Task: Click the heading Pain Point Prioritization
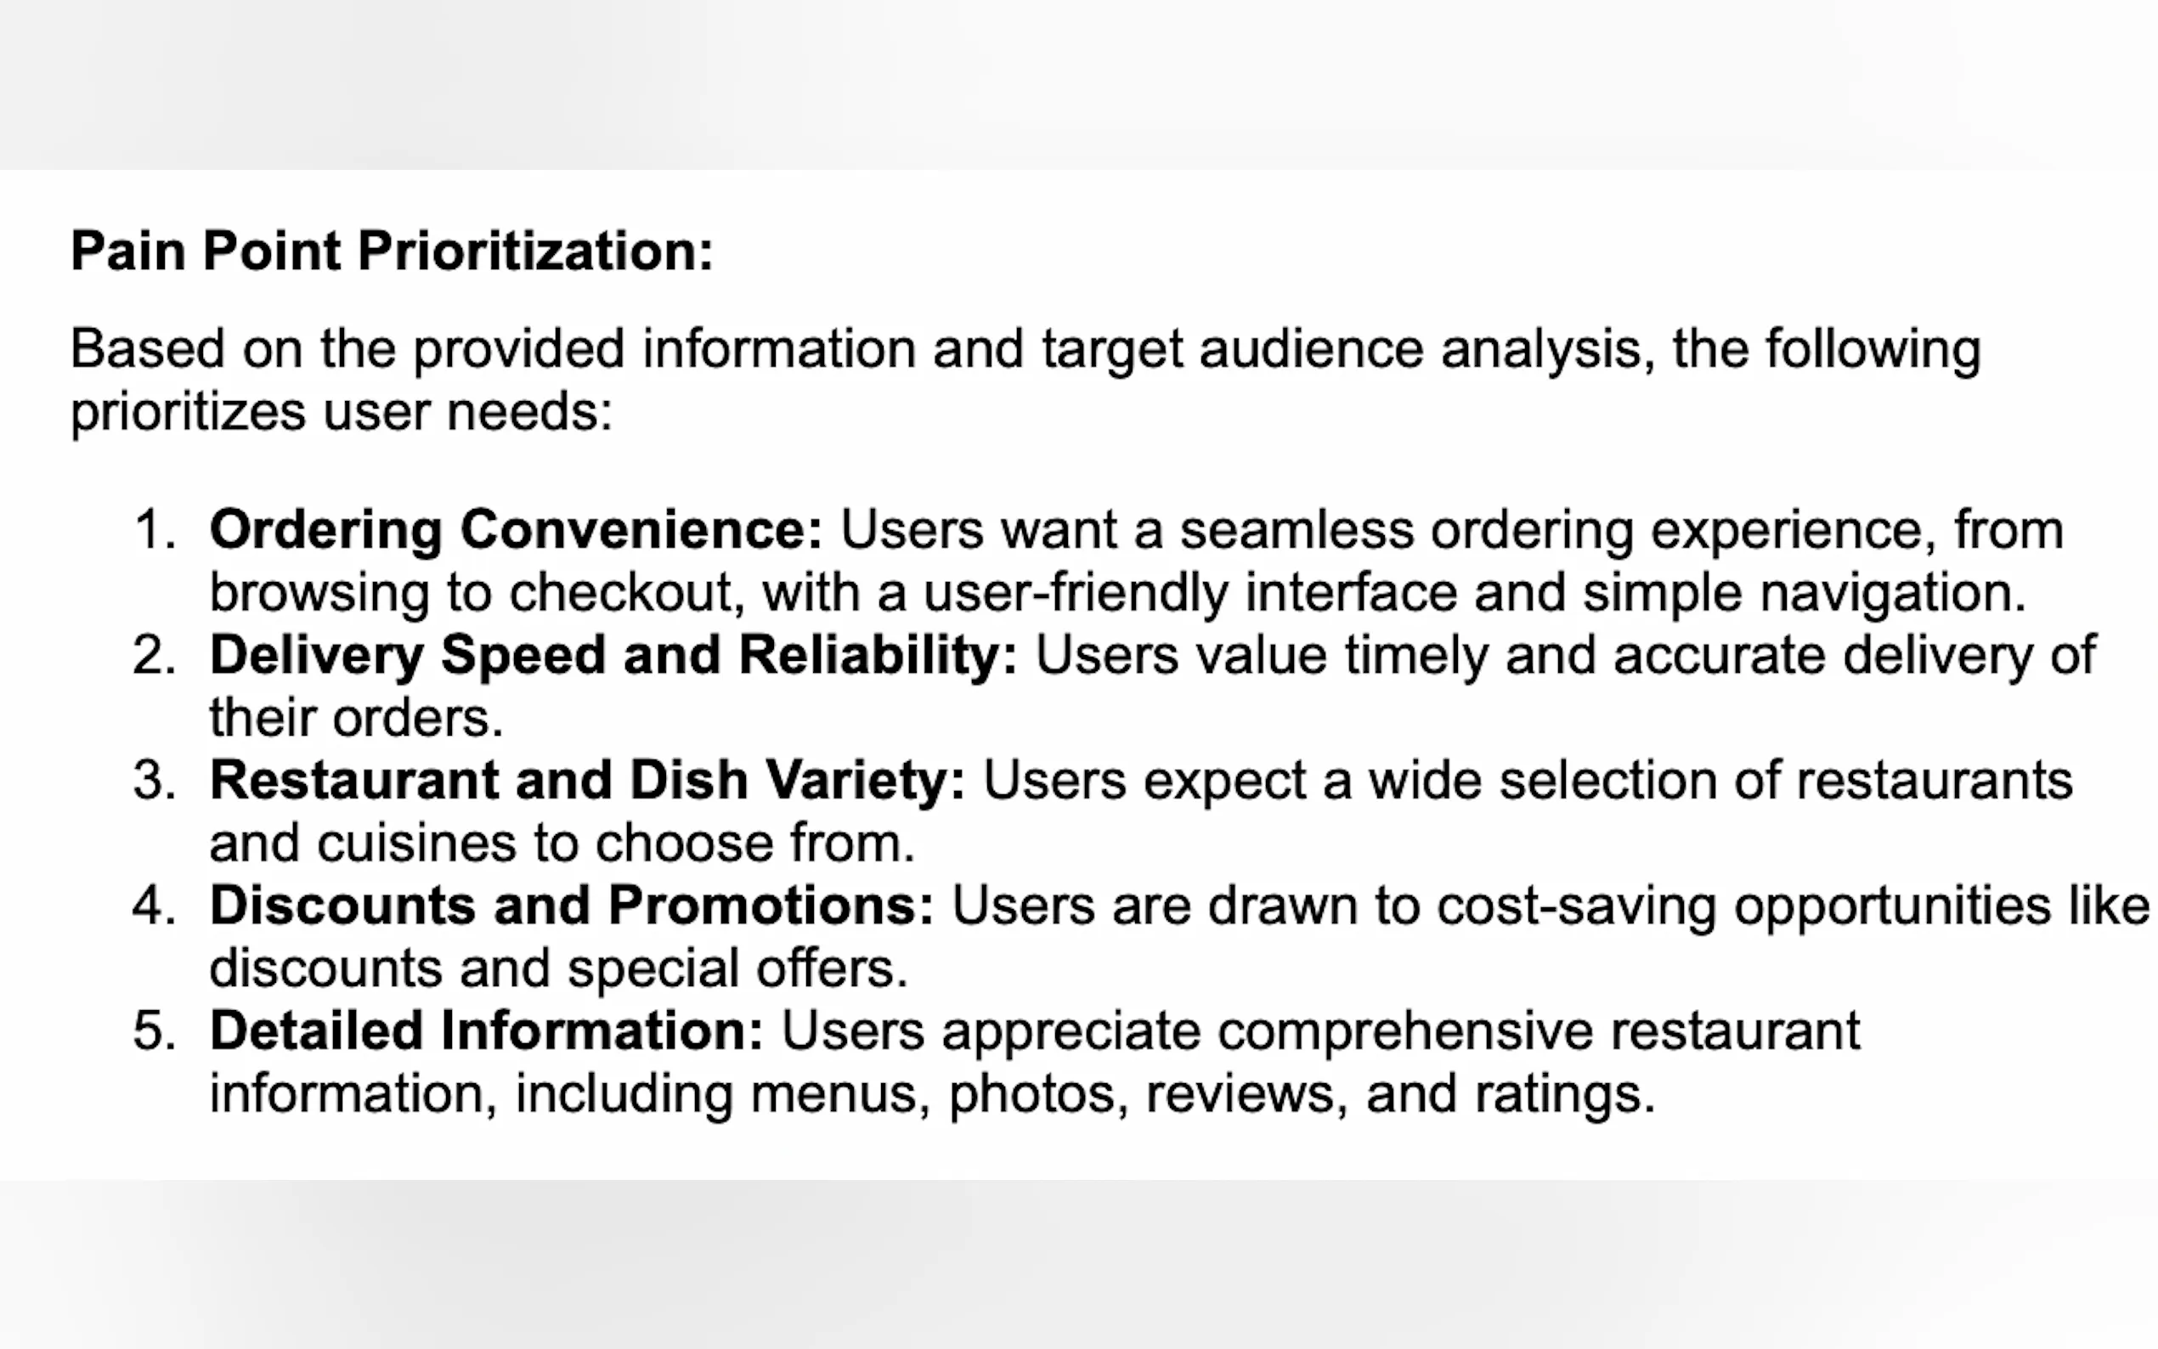click(x=392, y=251)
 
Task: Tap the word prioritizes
click(x=189, y=412)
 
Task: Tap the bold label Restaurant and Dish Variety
click(x=588, y=781)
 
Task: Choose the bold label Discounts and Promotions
click(x=572, y=906)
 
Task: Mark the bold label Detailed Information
click(x=487, y=1031)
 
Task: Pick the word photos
click(x=1031, y=1095)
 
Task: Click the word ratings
click(x=1565, y=1095)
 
